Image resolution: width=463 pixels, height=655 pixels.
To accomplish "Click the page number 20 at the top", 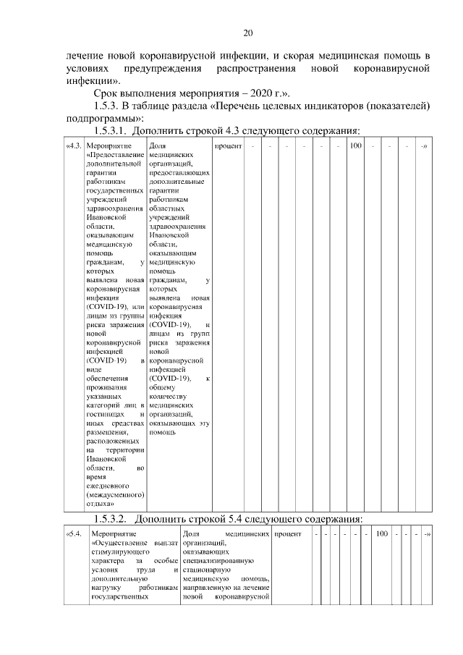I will [x=247, y=33].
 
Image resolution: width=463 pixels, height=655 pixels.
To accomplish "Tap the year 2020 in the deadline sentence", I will [x=252, y=93].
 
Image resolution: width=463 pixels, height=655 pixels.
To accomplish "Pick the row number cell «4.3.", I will [x=73, y=147].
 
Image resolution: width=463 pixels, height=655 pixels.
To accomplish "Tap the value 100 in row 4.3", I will [x=356, y=147].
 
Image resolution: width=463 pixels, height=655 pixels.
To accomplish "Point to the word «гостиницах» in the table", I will [x=106, y=414].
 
